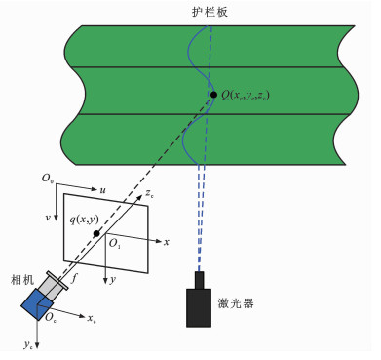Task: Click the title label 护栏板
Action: (x=210, y=12)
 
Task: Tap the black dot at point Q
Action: (x=213, y=95)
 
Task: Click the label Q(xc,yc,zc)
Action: (x=246, y=96)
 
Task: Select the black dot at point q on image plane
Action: (x=96, y=233)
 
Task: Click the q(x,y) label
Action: (x=85, y=220)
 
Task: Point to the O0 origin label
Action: (x=48, y=179)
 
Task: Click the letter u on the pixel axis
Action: (x=102, y=190)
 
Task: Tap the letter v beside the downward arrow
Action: (x=48, y=218)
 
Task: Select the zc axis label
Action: (x=149, y=194)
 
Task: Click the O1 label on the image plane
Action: (x=115, y=243)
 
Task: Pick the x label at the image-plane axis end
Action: (x=167, y=242)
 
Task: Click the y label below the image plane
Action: (x=113, y=280)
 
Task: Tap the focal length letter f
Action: (x=74, y=278)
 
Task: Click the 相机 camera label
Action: (x=22, y=280)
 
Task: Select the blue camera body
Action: (x=38, y=304)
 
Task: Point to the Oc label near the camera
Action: (x=51, y=317)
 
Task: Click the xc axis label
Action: (x=92, y=318)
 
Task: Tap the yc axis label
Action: (x=28, y=344)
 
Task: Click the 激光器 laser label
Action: (x=236, y=303)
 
